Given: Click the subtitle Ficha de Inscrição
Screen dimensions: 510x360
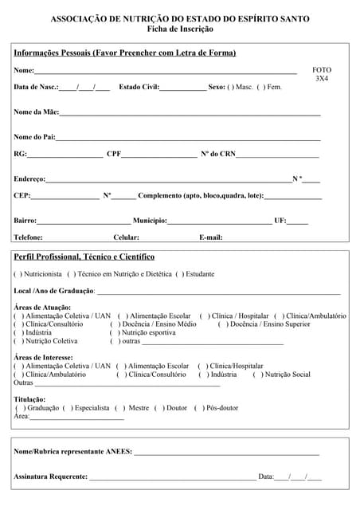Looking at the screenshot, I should [x=180, y=29].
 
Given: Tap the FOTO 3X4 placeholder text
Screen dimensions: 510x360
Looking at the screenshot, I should [x=321, y=74].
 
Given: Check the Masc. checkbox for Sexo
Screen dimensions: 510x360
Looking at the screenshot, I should [x=231, y=87].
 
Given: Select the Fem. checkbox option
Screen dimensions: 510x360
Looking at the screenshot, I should [x=260, y=87].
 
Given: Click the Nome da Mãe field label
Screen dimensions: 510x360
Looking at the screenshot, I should [x=36, y=112].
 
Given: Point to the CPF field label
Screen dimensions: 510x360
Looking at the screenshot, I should [x=114, y=154].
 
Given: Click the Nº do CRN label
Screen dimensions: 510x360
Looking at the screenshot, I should [x=217, y=154].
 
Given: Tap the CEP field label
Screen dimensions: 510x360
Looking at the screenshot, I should [x=22, y=195].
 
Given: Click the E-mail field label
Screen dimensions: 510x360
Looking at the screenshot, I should [x=211, y=237].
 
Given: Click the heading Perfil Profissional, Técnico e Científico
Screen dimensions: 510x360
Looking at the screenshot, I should [x=84, y=257].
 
